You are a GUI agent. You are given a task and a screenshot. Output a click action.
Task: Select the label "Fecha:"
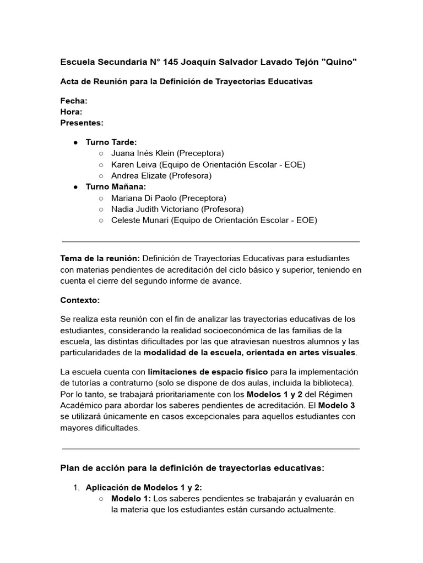pyautogui.click(x=73, y=101)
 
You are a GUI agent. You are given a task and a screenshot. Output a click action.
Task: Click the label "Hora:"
pyautogui.click(x=71, y=112)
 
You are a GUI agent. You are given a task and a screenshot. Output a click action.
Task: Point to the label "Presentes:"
pyautogui.click(x=82, y=123)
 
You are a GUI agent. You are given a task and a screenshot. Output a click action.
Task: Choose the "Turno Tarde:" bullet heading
pyautogui.click(x=111, y=142)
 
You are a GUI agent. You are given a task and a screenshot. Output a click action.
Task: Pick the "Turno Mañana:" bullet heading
pyautogui.click(x=116, y=186)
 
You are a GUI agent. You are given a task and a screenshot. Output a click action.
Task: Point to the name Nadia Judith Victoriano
pyautogui.click(x=155, y=209)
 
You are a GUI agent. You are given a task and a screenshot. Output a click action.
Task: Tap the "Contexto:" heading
pyautogui.click(x=80, y=301)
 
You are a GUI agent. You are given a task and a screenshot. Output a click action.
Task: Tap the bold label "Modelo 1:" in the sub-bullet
pyautogui.click(x=131, y=499)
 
